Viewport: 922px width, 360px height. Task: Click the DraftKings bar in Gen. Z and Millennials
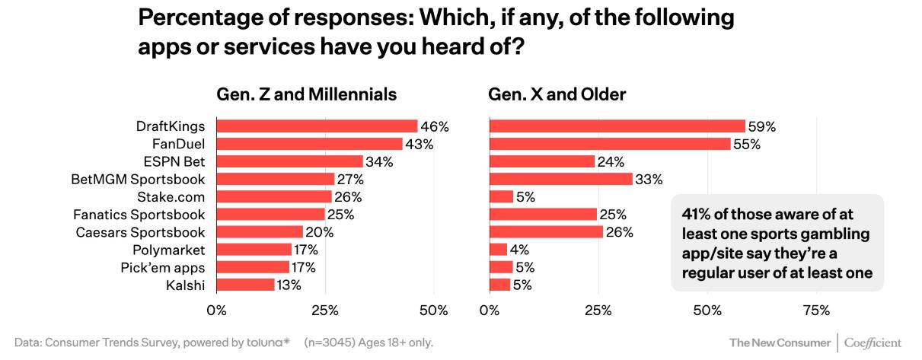pos(317,126)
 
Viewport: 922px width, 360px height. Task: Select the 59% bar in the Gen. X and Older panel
pos(617,126)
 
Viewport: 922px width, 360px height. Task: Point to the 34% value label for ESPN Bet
pos(379,161)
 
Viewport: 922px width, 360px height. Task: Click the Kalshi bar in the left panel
pos(245,285)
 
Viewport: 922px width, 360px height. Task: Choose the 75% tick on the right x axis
pos(816,311)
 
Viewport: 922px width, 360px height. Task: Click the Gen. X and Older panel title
pos(557,95)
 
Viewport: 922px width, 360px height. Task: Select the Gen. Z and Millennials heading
pos(307,95)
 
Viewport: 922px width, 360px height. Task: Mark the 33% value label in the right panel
pos(649,179)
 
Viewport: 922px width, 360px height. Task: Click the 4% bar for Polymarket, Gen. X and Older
pos(498,250)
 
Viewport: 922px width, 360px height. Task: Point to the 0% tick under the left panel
pos(217,311)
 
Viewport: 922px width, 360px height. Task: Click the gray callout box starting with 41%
pos(777,242)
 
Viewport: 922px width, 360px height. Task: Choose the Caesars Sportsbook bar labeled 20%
pos(260,231)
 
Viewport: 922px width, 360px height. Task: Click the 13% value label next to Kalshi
pos(289,285)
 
